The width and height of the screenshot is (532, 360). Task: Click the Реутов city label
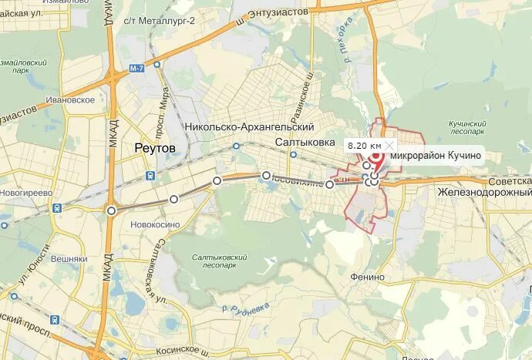155,147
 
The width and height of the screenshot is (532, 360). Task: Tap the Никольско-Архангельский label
250,126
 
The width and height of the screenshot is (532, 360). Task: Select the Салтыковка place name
306,143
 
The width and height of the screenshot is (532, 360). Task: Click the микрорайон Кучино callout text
436,156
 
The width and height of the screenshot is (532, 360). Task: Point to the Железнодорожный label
484,191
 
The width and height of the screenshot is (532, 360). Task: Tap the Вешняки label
69,260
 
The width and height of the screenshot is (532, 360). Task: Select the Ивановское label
70,99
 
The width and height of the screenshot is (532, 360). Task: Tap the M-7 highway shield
137,69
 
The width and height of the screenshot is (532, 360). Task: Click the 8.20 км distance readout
364,145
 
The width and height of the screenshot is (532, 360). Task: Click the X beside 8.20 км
390,145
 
